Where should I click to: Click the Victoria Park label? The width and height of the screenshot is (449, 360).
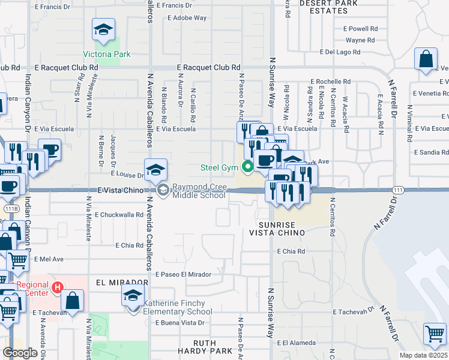pos(107,54)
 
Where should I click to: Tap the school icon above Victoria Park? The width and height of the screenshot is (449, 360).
pos(104,30)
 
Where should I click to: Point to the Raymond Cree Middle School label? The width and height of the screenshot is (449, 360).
pos(199,190)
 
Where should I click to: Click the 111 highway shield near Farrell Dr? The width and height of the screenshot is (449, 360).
pos(396,190)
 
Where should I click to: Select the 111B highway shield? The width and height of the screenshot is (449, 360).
pos(10,208)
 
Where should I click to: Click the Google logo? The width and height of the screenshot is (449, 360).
pos(20,352)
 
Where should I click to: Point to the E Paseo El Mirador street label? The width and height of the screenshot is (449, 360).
pos(183,274)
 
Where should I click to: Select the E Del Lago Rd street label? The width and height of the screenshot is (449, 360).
pos(343,52)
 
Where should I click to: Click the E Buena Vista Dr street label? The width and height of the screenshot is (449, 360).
pos(180,323)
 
